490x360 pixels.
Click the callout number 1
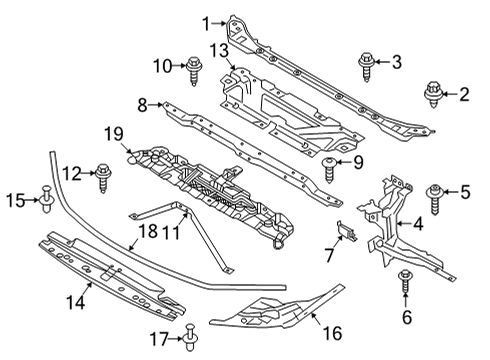click(x=207, y=23)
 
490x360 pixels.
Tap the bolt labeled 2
click(x=436, y=94)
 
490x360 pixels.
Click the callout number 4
click(x=418, y=225)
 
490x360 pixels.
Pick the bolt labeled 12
click(x=102, y=177)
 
